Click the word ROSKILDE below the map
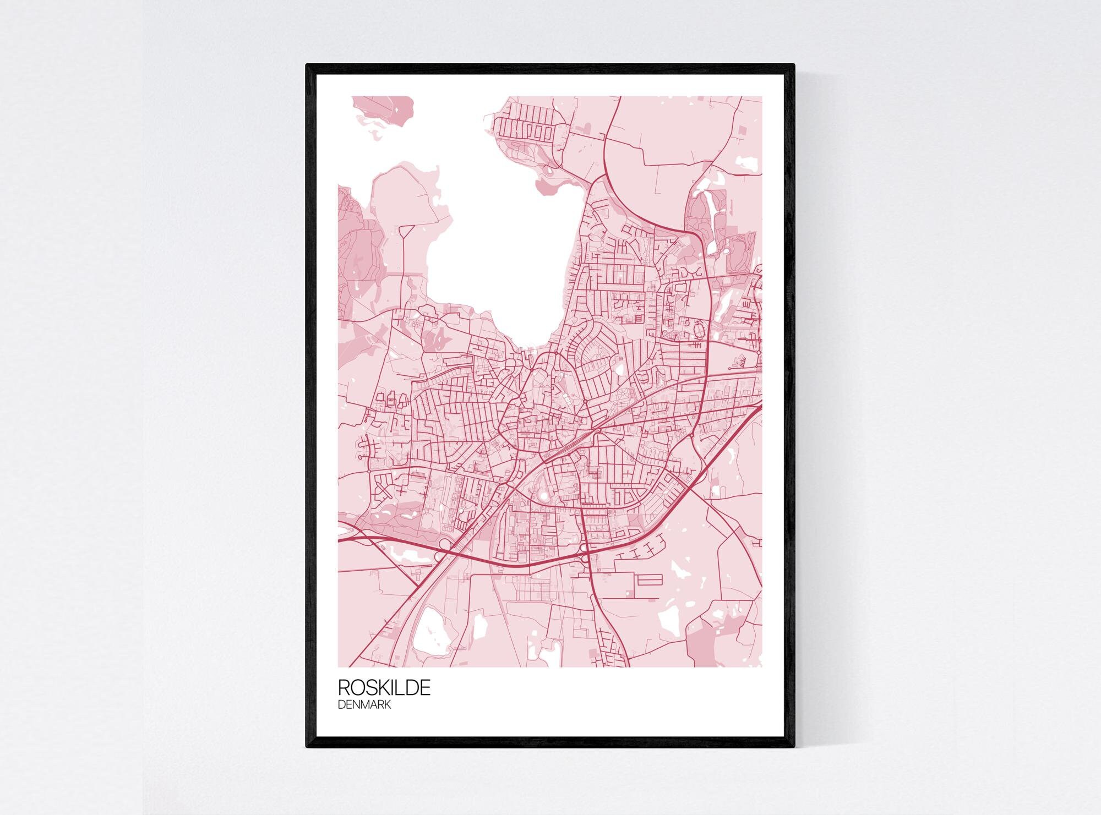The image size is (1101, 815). coord(384,688)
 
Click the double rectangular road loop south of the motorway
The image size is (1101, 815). coord(649,579)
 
